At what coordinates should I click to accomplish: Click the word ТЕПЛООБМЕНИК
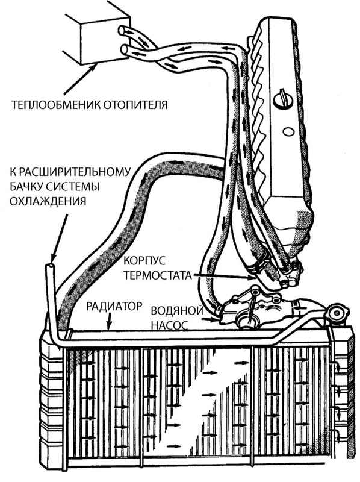coord(55,105)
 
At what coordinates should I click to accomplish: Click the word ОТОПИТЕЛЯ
coord(135,105)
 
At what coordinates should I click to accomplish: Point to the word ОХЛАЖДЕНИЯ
coord(48,201)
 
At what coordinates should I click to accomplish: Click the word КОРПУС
coord(144,261)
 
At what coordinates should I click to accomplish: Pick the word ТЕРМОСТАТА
coord(158,275)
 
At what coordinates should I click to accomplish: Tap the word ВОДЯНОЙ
coord(177,311)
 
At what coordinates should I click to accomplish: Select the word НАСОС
coord(169,325)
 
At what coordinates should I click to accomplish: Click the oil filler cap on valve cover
coord(282,99)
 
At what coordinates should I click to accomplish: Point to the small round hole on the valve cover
coord(288,131)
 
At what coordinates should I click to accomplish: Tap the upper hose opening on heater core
coord(123,31)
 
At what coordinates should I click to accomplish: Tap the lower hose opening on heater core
coord(125,49)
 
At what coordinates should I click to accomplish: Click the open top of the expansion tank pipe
coord(51,266)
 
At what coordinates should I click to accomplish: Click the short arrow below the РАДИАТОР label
coord(108,322)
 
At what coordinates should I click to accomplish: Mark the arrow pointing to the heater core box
coord(79,80)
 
